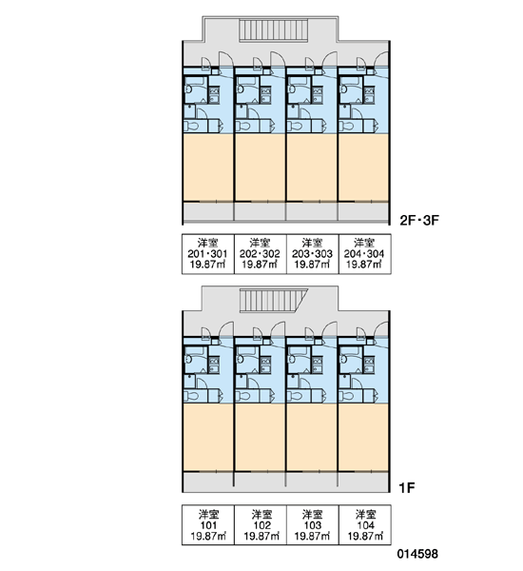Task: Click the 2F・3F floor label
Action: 419,221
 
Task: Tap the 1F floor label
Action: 407,488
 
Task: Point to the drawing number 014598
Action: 417,554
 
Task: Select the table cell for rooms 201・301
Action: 208,254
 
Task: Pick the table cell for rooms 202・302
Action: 260,254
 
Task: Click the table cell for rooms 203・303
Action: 312,254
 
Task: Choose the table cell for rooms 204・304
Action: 365,254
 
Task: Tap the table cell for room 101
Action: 208,524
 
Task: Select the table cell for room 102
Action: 260,524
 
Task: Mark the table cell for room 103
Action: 312,524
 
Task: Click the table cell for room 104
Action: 365,524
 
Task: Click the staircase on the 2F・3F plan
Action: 274,30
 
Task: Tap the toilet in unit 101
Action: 191,396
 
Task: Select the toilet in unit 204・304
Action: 346,127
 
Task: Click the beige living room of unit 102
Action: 260,437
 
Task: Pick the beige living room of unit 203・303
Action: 312,167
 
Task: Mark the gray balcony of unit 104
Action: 363,482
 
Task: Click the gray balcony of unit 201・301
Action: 208,211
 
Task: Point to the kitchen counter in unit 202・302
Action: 266,95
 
